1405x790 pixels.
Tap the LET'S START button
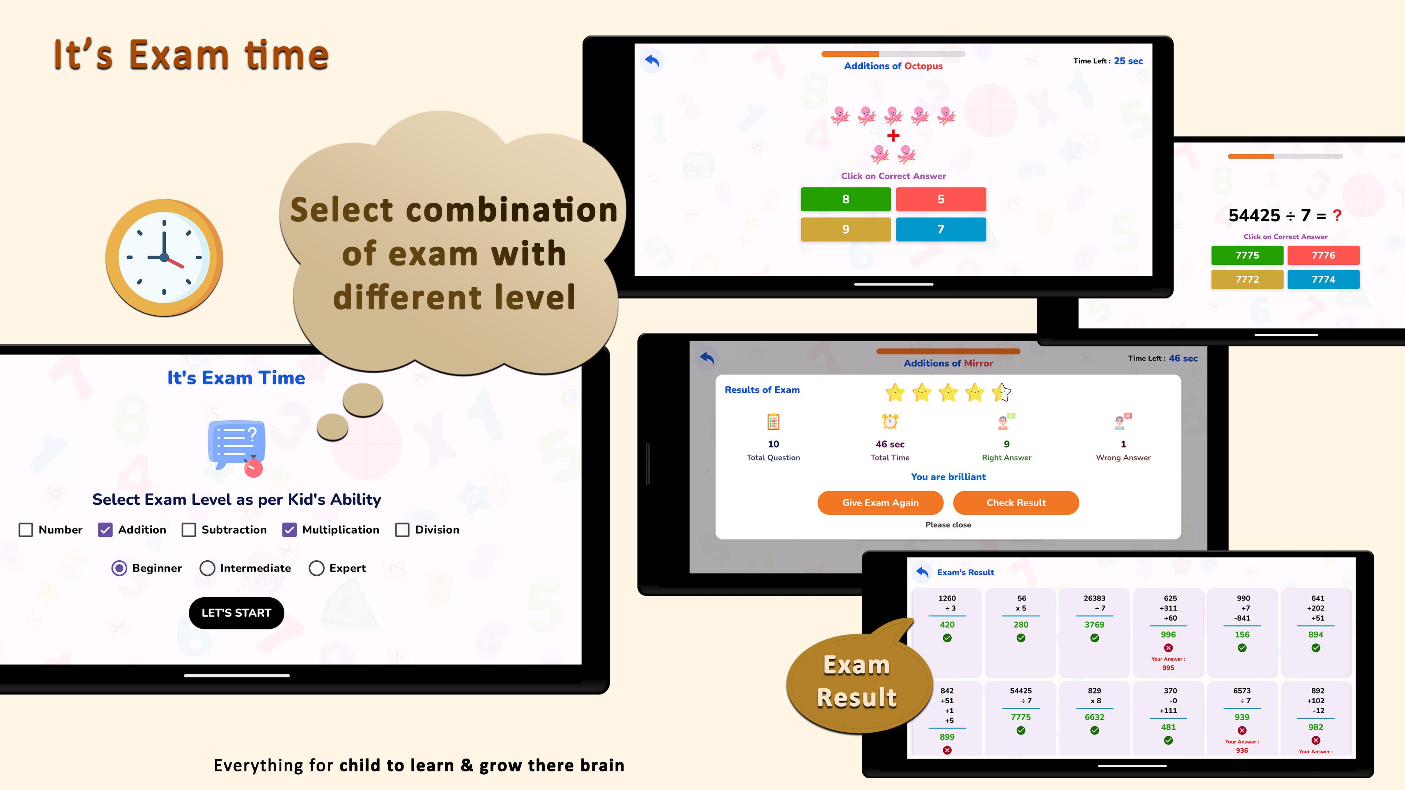pyautogui.click(x=236, y=613)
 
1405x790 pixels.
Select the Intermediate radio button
pyautogui.click(x=207, y=568)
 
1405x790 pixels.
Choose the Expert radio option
pyautogui.click(x=316, y=568)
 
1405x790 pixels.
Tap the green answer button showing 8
pyautogui.click(x=846, y=199)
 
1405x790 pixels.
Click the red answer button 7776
pyautogui.click(x=1323, y=255)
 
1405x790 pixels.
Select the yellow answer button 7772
pyautogui.click(x=1247, y=279)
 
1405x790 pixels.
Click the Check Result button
pyautogui.click(x=1016, y=503)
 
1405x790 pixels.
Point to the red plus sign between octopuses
pyautogui.click(x=893, y=136)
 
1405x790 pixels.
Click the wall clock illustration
pyautogui.click(x=164, y=257)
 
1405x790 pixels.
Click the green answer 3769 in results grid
pyautogui.click(x=1094, y=625)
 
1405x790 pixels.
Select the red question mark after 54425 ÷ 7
pyautogui.click(x=1337, y=215)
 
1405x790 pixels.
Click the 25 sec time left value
pyautogui.click(x=1128, y=61)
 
